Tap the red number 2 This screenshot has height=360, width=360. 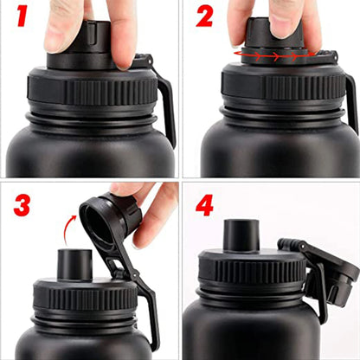(205, 18)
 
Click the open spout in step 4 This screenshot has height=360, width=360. (242, 235)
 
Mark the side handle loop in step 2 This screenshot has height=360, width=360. (350, 100)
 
